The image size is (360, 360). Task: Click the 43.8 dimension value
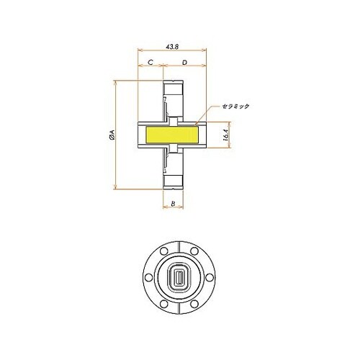pos(172,45)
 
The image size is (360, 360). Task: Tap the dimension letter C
pos(150,63)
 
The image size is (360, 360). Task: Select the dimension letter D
pos(186,63)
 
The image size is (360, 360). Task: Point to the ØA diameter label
pos(109,135)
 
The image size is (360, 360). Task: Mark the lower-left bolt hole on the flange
pos(162,301)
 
